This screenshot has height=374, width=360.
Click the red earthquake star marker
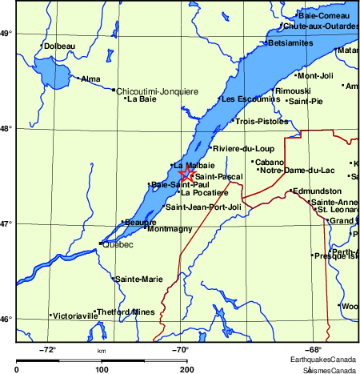pos(186,173)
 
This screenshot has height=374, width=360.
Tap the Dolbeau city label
pos(61,46)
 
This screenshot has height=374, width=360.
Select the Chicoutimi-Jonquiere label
pos(158,91)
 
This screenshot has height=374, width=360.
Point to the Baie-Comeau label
pos(324,15)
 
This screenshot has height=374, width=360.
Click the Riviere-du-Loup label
pos(243,148)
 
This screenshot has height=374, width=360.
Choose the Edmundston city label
pos(318,191)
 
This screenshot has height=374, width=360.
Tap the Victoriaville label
pos(76,316)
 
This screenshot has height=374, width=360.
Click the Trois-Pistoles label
pos(261,122)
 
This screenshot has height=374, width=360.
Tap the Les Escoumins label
pos(250,99)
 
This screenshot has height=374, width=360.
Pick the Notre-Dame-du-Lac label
pos(298,170)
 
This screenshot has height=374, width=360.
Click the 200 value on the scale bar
pos(187,369)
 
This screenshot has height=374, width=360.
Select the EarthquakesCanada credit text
pos(324,360)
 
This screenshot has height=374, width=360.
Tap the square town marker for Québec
pos(100,243)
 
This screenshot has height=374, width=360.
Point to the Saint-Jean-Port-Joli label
pos(203,207)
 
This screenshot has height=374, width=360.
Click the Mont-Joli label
pos(314,75)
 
